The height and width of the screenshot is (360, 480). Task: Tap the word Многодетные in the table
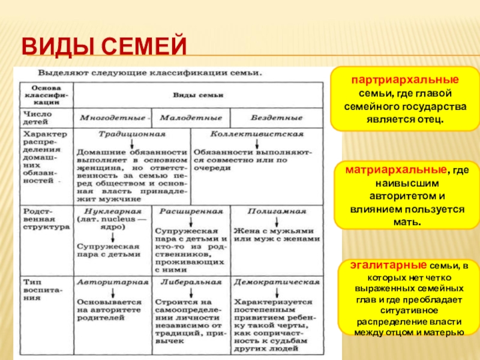click(x=112, y=117)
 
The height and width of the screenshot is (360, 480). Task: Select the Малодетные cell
click(x=191, y=117)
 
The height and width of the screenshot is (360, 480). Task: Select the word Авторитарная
click(x=112, y=281)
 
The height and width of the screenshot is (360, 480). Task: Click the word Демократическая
click(x=277, y=281)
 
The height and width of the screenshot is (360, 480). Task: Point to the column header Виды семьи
click(x=198, y=95)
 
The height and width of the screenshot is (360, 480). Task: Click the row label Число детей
click(x=38, y=117)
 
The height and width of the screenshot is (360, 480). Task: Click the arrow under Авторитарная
click(x=112, y=291)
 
